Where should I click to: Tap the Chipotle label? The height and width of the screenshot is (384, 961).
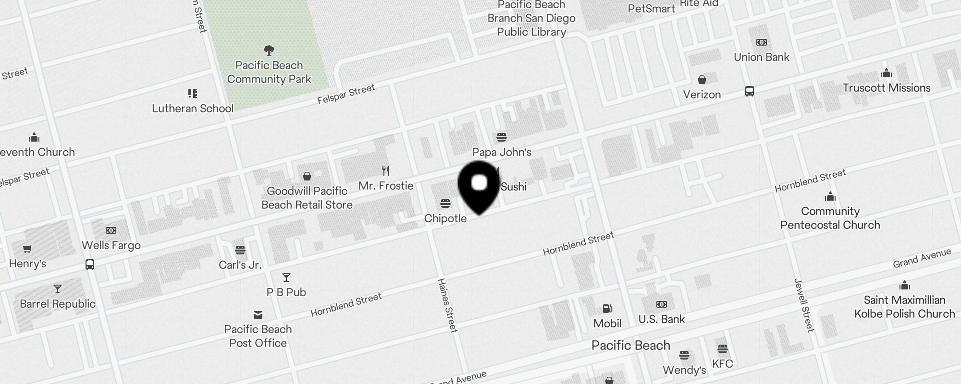[445, 218]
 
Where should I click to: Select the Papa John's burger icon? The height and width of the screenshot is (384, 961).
[502, 138]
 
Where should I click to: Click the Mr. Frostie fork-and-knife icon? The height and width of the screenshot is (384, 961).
[386, 170]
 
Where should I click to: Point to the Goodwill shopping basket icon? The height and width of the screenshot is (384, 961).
[307, 176]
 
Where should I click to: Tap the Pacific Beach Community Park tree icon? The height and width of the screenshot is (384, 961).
[269, 50]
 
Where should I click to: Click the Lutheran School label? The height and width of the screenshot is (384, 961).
[193, 108]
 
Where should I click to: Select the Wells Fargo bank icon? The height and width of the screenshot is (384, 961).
[111, 230]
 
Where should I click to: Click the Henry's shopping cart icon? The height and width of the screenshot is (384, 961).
[27, 249]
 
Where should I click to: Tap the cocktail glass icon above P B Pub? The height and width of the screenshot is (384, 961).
[286, 277]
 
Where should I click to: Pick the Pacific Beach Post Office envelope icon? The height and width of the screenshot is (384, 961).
[258, 315]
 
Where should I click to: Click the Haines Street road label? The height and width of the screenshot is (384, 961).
[447, 305]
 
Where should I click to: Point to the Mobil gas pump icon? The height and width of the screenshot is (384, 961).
[607, 309]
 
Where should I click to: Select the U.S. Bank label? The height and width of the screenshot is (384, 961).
[662, 319]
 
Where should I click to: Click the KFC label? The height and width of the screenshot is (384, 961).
[723, 363]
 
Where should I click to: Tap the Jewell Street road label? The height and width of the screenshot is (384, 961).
[804, 305]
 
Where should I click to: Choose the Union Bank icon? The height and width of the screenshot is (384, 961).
[762, 42]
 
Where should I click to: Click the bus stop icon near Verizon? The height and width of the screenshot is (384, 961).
[750, 91]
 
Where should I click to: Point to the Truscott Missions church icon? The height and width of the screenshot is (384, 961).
[887, 73]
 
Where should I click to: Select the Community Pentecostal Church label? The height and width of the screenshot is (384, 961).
[830, 218]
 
